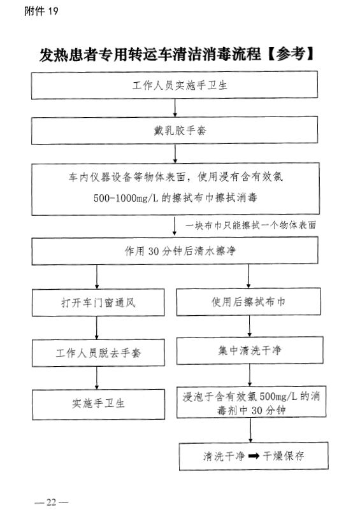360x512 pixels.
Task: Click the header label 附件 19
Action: tap(41, 11)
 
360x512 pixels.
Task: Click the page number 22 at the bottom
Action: tap(51, 502)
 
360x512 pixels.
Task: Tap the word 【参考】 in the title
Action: tap(291, 54)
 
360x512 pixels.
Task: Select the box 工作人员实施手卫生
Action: tap(175, 85)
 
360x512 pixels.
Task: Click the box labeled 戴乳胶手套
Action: tap(175, 131)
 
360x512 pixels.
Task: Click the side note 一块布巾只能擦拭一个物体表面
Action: tap(250, 225)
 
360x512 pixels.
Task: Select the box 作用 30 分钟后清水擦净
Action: tap(175, 251)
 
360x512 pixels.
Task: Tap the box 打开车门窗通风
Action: tap(98, 302)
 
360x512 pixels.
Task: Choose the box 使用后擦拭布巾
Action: tap(248, 302)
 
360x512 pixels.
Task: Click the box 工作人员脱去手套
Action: tap(98, 353)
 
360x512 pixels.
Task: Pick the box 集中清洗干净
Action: tap(250, 350)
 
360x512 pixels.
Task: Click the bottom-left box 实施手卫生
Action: tap(98, 404)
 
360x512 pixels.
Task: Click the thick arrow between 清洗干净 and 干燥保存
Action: tap(254, 456)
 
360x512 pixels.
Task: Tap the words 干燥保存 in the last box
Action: tap(284, 456)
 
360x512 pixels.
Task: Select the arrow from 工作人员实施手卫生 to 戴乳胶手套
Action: tap(175, 108)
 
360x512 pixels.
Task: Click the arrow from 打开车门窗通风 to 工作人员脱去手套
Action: tap(97, 328)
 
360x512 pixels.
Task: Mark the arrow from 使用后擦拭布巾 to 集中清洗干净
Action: tap(250, 326)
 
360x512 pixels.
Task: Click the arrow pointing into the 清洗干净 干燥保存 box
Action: tap(250, 430)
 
